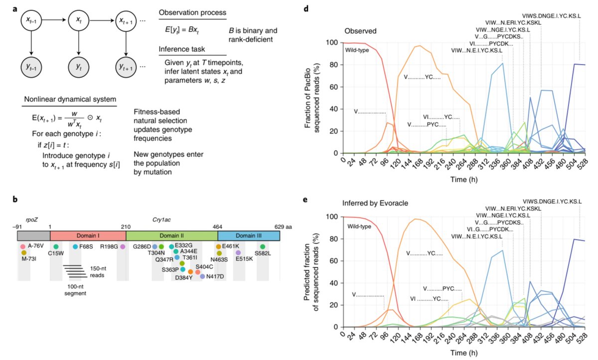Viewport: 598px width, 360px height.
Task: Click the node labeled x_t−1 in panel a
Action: (31, 21)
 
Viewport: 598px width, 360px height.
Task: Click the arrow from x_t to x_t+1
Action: (102, 21)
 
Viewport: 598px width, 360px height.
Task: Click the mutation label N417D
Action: (216, 276)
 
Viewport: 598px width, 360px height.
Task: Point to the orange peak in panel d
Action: (420, 46)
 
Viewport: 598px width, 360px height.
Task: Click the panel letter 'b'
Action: (15, 200)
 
